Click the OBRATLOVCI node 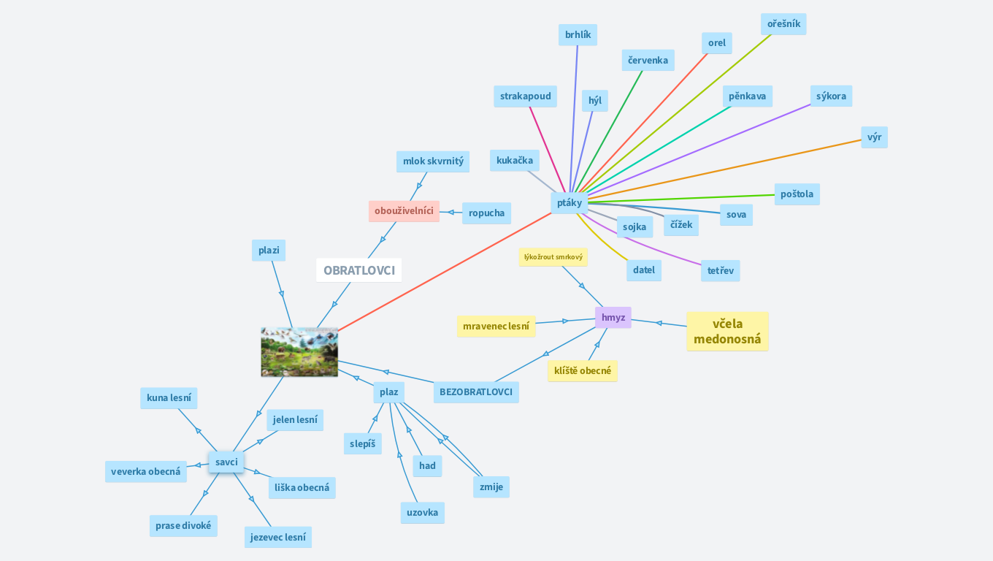coord(359,270)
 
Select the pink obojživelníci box coord(404,211)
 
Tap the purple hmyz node coord(613,318)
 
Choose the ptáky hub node coord(570,203)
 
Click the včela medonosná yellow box coord(727,331)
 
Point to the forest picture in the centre coord(299,352)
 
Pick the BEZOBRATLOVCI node coord(476,392)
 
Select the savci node coord(226,462)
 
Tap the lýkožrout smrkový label coord(553,257)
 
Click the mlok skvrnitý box coord(433,161)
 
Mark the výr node coord(874,137)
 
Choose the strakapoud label coord(526,96)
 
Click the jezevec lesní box coord(278,537)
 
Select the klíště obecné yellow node coord(583,370)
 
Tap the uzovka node coord(423,513)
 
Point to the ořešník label coord(783,24)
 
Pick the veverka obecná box coord(146,471)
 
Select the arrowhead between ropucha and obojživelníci coord(451,213)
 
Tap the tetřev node coord(721,271)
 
